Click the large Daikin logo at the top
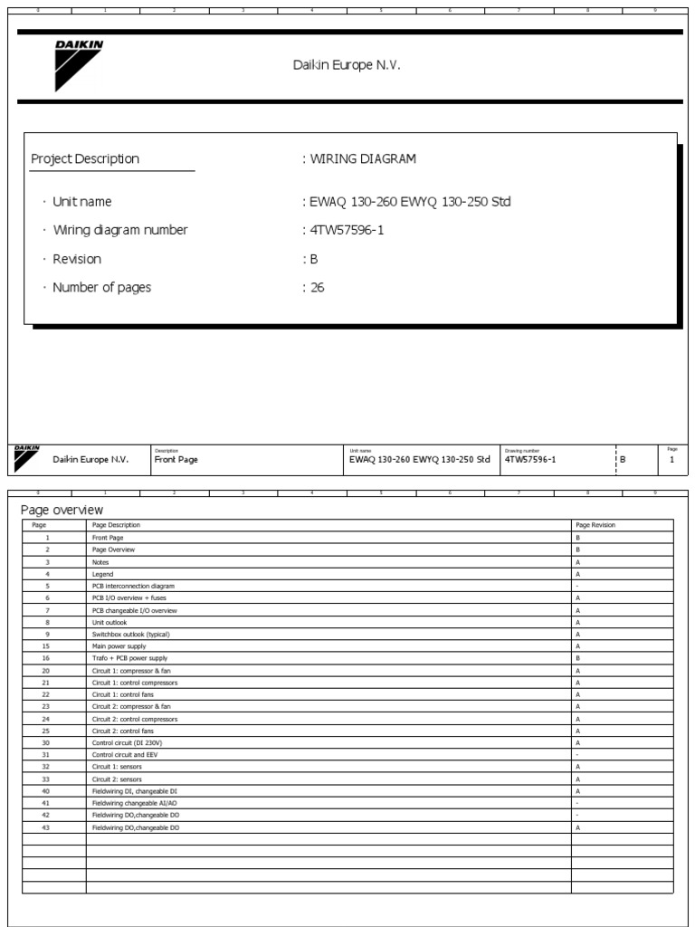[x=78, y=65]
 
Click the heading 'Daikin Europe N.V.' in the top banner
[x=346, y=65]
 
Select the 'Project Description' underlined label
[x=85, y=159]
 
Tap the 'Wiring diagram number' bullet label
[x=119, y=230]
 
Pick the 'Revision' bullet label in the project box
[x=77, y=259]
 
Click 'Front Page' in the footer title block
[x=176, y=460]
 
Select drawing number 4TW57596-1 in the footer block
[x=530, y=460]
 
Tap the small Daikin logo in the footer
[x=25, y=459]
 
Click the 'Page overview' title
[x=62, y=511]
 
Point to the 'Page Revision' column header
[x=595, y=525]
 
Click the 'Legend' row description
[x=102, y=574]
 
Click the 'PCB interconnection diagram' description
[x=134, y=586]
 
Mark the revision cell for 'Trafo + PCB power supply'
[x=577, y=658]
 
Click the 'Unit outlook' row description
[x=109, y=622]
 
